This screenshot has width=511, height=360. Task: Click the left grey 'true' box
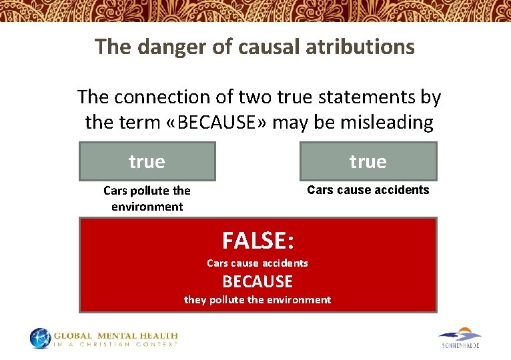tap(147, 161)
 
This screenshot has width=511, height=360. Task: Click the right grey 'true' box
tap(368, 161)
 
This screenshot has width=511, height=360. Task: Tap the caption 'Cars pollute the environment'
tap(147, 199)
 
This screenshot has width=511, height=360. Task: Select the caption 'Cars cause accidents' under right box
tap(368, 190)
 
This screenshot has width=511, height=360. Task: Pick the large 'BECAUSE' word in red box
tap(258, 281)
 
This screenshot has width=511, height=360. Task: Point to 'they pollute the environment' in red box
tap(258, 300)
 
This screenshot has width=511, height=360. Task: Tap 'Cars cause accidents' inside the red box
tap(258, 263)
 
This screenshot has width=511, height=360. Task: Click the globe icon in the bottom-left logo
tap(40, 338)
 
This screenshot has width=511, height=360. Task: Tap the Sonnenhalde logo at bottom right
tap(460, 338)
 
